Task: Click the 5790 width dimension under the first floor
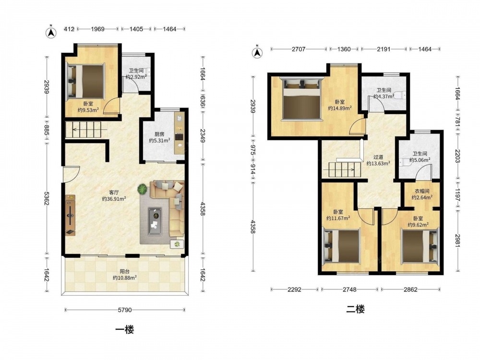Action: (x=125, y=310)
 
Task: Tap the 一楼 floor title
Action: (x=125, y=330)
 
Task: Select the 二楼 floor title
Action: (x=355, y=309)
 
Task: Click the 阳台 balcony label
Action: (x=124, y=271)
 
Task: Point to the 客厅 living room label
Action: (x=114, y=192)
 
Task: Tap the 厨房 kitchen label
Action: (x=159, y=134)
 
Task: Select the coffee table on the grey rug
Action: (x=155, y=217)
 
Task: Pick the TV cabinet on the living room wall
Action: (x=70, y=215)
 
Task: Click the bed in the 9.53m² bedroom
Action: (x=86, y=81)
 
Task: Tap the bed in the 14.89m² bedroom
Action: (x=301, y=99)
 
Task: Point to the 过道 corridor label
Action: (x=378, y=157)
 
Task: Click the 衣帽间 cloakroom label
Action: (x=422, y=192)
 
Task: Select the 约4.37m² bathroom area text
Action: (x=384, y=96)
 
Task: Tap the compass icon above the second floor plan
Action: (x=257, y=53)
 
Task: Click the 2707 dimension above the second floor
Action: (x=298, y=49)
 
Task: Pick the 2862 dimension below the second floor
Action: (x=410, y=289)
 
